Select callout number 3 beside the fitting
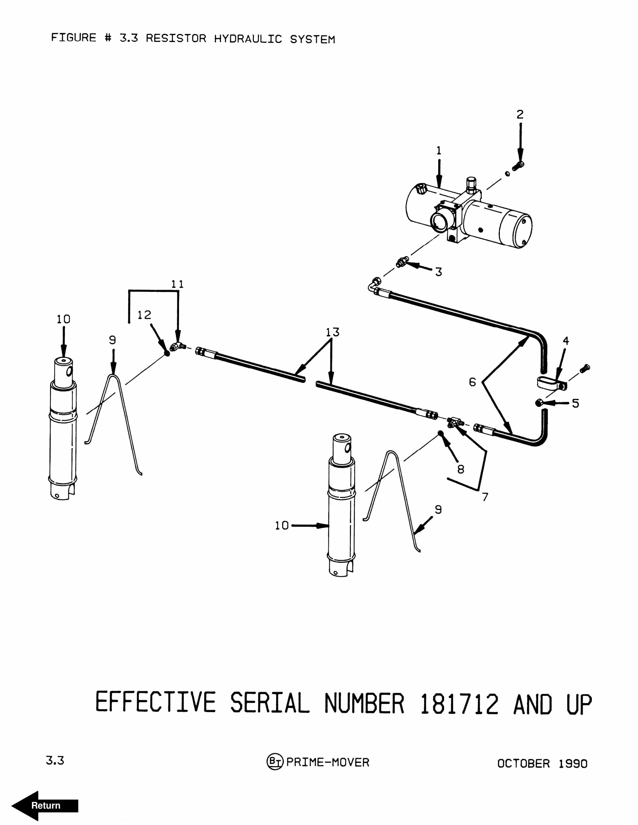click(x=438, y=272)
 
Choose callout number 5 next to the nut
click(x=575, y=403)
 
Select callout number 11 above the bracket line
click(x=177, y=284)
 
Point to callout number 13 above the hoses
click(x=332, y=332)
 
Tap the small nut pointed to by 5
click(x=539, y=403)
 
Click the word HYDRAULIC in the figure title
click(x=248, y=39)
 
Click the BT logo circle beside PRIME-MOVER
click(x=275, y=762)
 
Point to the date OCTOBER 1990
click(x=542, y=764)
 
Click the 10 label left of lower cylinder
click(x=281, y=526)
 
